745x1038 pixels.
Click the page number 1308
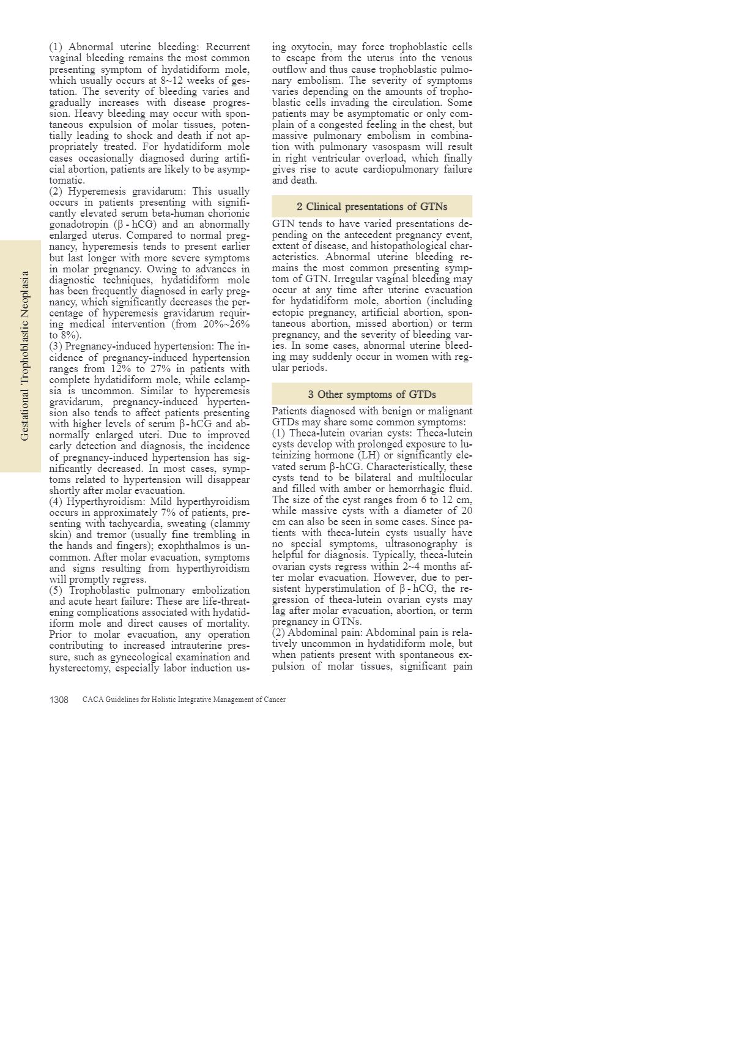coord(59,700)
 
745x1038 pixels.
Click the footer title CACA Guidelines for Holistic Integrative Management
coord(183,700)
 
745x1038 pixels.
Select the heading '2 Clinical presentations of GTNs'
coord(372,207)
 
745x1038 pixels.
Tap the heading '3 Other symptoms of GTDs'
coord(372,395)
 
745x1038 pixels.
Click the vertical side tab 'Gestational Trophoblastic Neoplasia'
coord(24,356)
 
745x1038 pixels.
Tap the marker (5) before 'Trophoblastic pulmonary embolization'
coord(56,591)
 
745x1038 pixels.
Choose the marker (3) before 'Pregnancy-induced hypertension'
coord(56,346)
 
